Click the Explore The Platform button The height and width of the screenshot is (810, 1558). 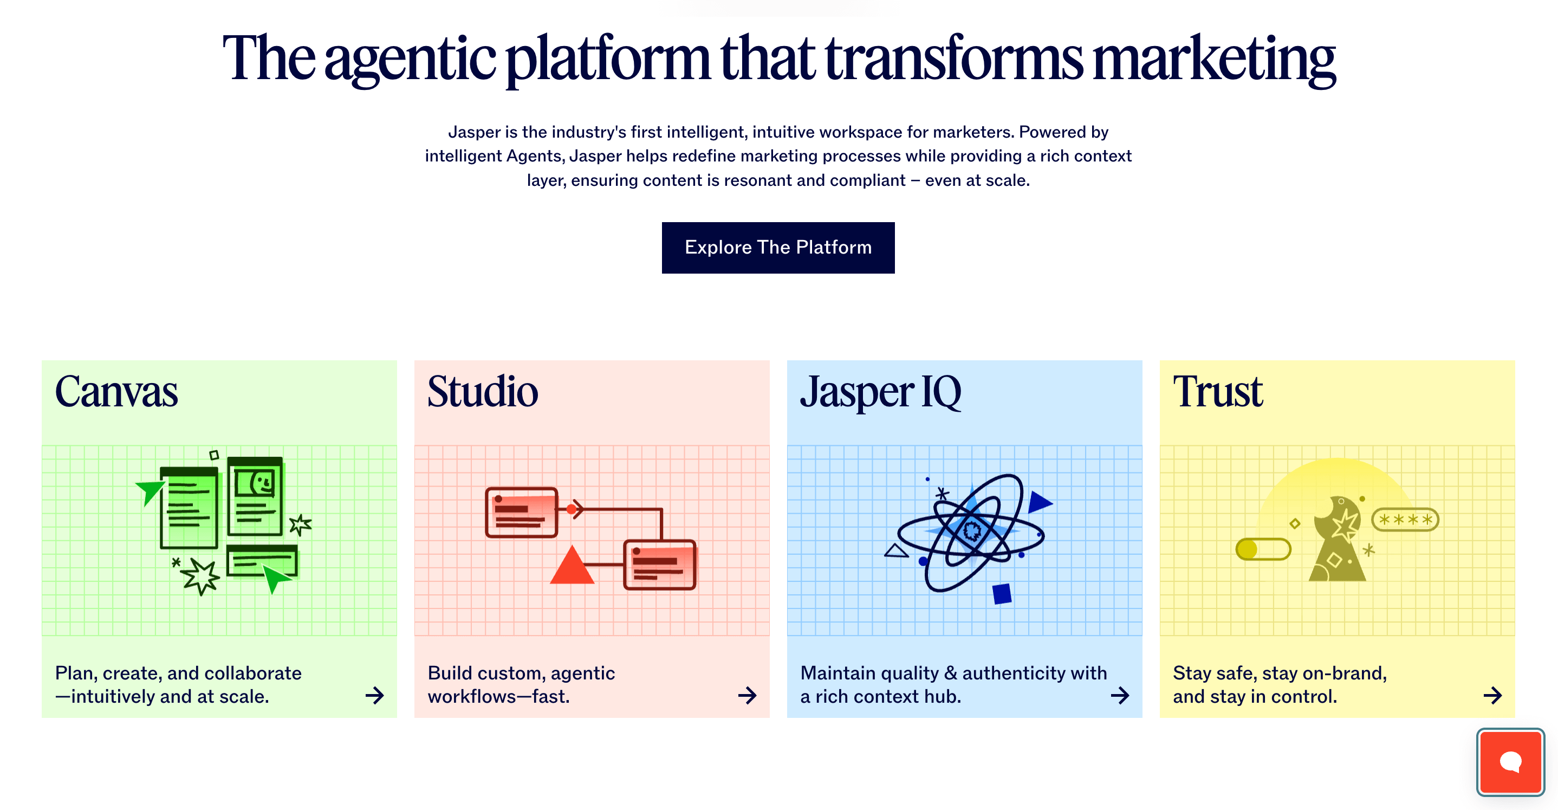[778, 248]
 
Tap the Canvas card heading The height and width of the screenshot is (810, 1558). [116, 391]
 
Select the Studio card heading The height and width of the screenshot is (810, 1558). [482, 391]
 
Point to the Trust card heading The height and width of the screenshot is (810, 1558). [1217, 391]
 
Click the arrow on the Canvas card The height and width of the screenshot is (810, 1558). [374, 695]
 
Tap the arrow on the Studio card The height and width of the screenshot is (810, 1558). [747, 695]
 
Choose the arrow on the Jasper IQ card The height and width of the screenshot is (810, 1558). [1120, 695]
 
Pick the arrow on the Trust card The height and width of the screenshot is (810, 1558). [1492, 695]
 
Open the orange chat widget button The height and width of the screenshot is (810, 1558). [1510, 762]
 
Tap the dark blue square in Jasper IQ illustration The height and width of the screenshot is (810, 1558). [1002, 593]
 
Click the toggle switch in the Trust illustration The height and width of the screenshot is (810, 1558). [1263, 549]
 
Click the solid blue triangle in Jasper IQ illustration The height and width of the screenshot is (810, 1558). [1038, 502]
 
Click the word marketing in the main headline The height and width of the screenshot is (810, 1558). [1214, 59]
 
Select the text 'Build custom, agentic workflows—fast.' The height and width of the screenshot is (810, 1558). [521, 684]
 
